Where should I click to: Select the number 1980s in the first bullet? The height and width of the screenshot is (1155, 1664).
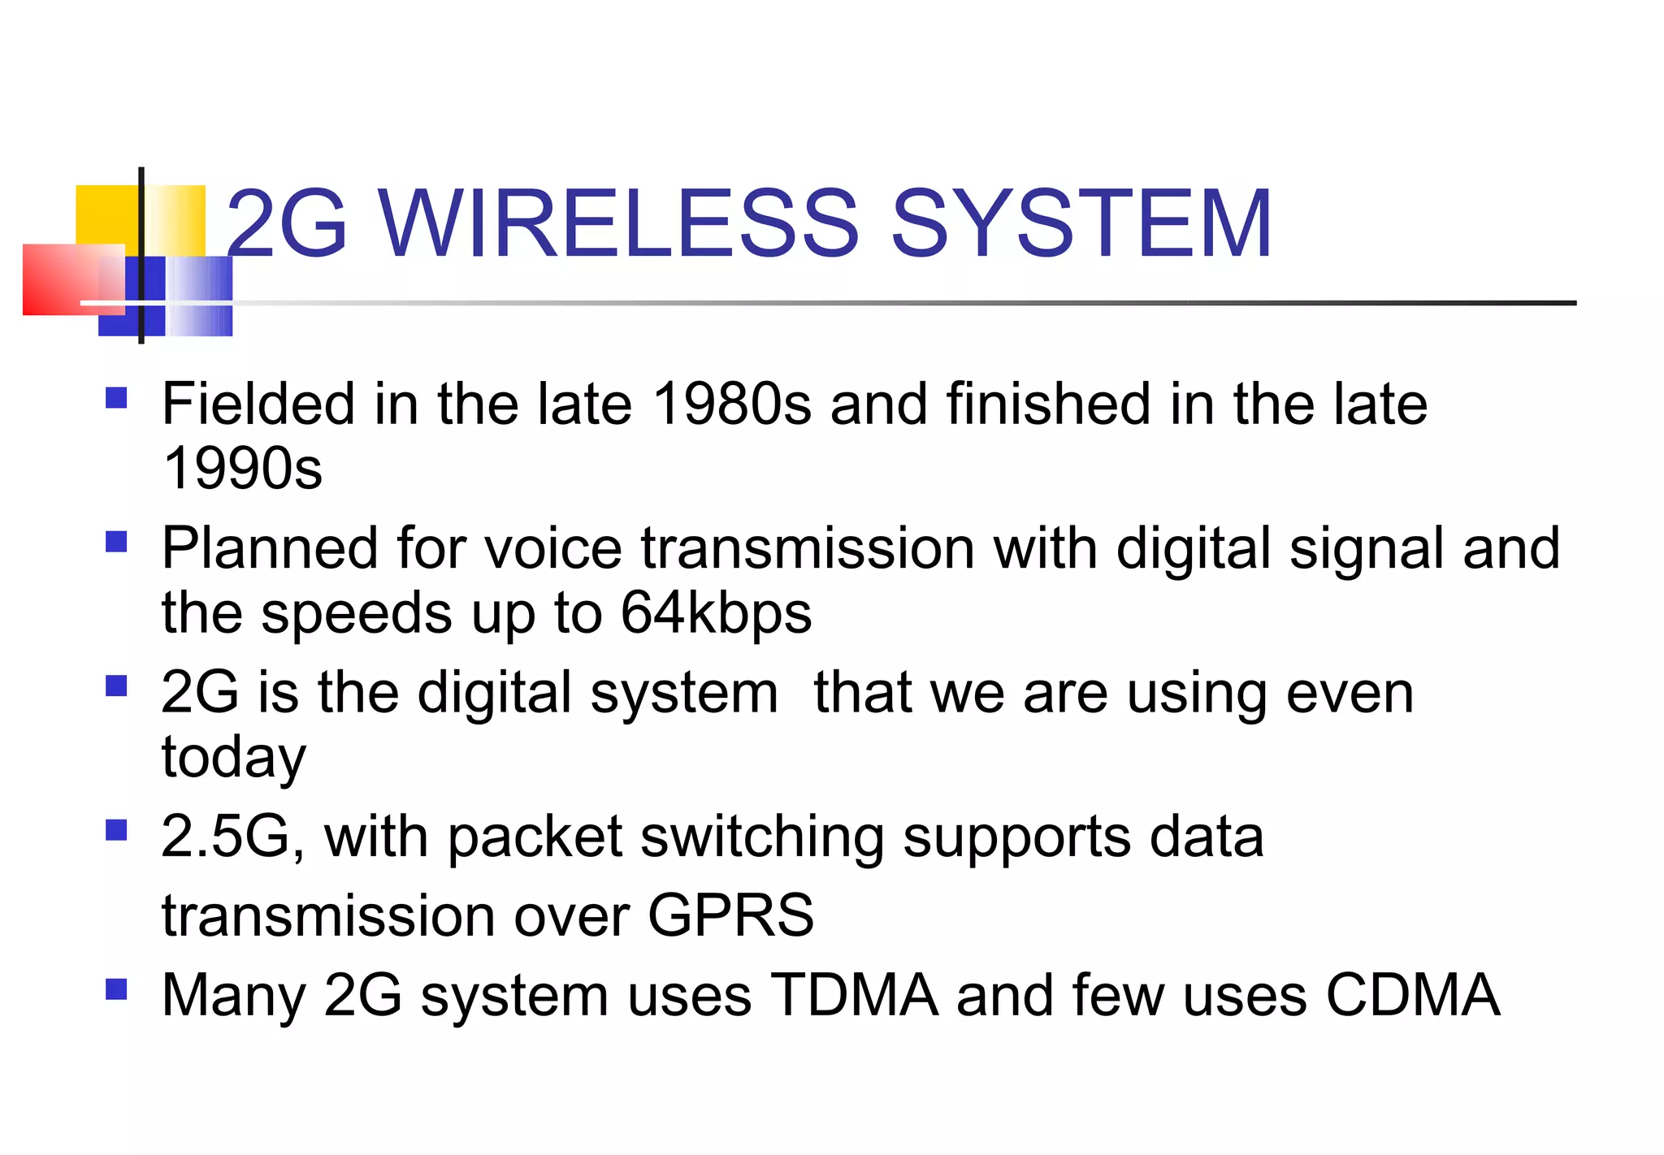[x=731, y=404]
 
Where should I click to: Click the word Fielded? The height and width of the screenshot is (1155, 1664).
[x=258, y=404]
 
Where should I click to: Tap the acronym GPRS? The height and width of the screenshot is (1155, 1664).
[x=730, y=915]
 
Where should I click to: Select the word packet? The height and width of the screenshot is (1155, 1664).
[x=534, y=838]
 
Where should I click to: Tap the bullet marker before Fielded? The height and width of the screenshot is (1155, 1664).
[x=117, y=398]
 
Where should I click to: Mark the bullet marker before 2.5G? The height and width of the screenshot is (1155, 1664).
[x=117, y=830]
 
